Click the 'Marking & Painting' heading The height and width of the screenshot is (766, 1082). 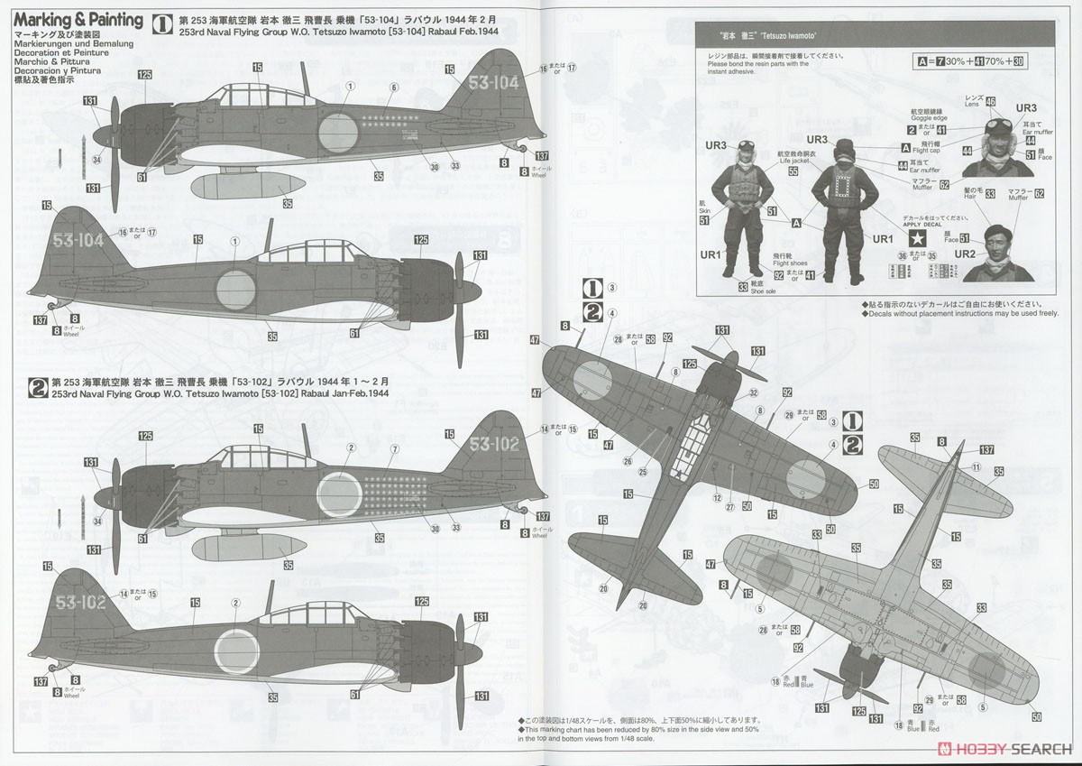point(78,19)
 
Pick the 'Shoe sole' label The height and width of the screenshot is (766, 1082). point(761,288)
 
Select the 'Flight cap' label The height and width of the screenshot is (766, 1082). point(925,148)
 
